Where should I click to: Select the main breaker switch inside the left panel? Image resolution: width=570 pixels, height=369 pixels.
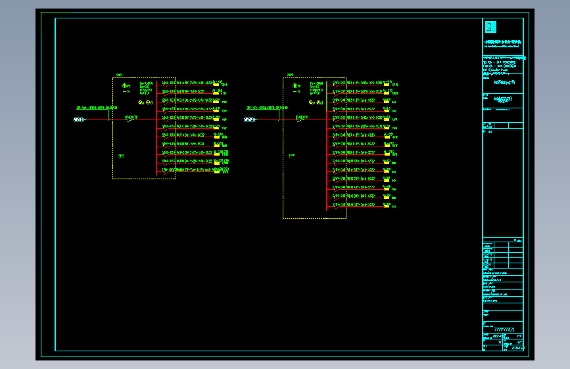pyautogui.click(x=131, y=119)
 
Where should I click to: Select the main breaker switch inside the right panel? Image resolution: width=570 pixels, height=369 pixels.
pyautogui.click(x=302, y=119)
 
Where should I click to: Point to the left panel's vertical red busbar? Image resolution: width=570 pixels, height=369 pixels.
pyautogui.click(x=156, y=131)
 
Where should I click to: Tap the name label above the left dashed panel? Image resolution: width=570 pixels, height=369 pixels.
pyautogui.click(x=120, y=75)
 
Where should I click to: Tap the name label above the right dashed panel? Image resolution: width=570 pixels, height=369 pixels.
pyautogui.click(x=290, y=75)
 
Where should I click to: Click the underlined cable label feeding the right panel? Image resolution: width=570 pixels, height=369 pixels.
pyautogui.click(x=267, y=107)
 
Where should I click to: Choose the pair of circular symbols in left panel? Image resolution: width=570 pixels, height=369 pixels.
pyautogui.click(x=145, y=102)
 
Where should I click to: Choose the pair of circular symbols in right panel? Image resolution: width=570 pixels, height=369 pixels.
pyautogui.click(x=316, y=102)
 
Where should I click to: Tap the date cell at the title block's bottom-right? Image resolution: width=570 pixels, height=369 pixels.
pyautogui.click(x=516, y=347)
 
